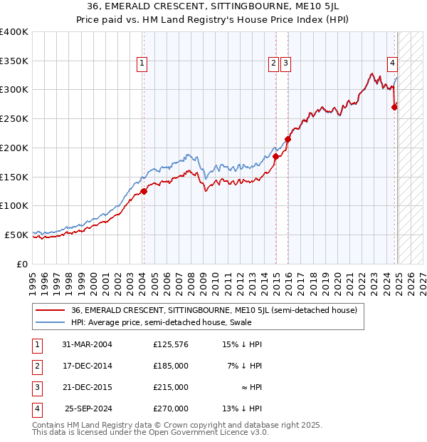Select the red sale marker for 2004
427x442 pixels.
pyautogui.click(x=144, y=191)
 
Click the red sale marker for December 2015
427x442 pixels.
pyautogui.click(x=288, y=139)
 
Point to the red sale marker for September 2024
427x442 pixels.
pyautogui.click(x=395, y=107)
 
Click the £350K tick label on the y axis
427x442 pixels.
pyautogui.click(x=14, y=61)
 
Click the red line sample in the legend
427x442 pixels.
pyautogui.click(x=50, y=310)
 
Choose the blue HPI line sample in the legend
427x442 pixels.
pyautogui.click(x=50, y=323)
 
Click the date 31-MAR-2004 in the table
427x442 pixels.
pyautogui.click(x=87, y=345)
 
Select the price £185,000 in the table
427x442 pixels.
pyautogui.click(x=171, y=366)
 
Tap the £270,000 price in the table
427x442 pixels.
pyautogui.click(x=171, y=408)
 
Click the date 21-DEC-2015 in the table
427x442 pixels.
pyautogui.click(x=87, y=387)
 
